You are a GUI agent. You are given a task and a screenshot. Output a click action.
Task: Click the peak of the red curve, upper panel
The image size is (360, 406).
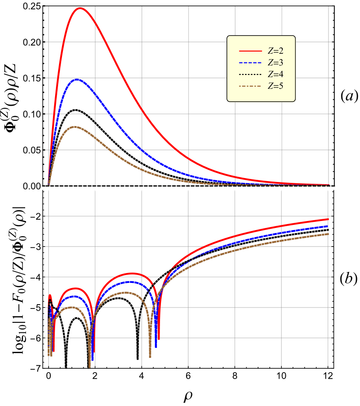81,8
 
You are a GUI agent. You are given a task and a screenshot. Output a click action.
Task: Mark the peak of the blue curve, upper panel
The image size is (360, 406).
77,80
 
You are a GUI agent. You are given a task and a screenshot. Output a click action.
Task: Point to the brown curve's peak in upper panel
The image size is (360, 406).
75,127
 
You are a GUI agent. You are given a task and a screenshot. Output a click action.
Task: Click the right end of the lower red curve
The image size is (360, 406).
328,219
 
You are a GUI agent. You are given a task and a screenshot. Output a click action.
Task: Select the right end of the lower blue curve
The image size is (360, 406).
328,226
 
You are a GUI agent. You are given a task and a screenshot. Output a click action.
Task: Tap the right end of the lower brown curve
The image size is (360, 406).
328,234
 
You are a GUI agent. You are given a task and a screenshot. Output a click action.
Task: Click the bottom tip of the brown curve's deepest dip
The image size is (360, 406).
90,367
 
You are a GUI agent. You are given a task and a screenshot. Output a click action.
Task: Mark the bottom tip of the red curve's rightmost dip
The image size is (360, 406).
159,339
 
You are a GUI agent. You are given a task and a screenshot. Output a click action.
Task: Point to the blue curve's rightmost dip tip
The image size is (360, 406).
155,347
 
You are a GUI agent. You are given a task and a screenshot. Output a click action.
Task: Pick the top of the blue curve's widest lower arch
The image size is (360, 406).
129,282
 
